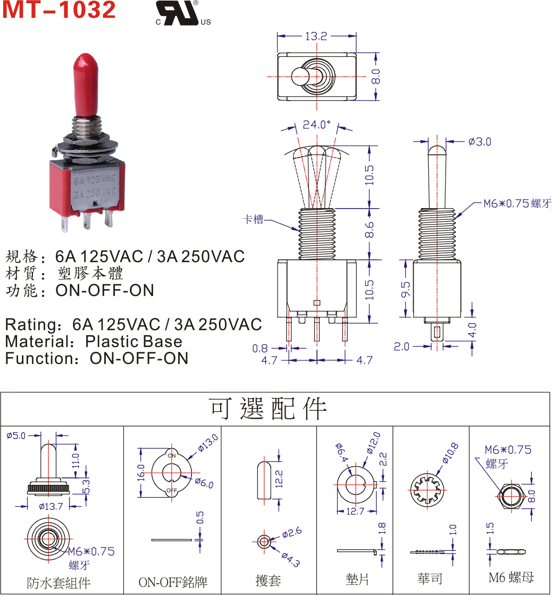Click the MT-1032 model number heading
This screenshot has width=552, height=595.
coord(59,11)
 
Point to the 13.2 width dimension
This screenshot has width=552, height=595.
coord(316,36)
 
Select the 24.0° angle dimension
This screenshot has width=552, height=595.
coord(316,125)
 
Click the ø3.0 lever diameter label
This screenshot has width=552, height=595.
coord(480,142)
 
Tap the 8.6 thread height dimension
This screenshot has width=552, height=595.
coord(370,230)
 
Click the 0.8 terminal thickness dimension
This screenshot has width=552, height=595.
coord(260,349)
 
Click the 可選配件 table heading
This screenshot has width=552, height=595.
coord(275,409)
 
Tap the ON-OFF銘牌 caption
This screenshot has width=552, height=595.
coord(172,582)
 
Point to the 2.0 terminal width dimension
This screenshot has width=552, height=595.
coord(402,347)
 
